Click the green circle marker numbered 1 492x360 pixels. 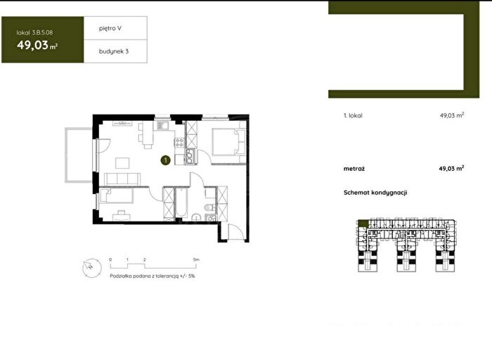[165, 160]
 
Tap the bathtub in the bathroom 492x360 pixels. [181, 202]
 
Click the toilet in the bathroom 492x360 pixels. [208, 207]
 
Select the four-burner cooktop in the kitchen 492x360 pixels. [179, 142]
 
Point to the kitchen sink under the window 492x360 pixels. [162, 126]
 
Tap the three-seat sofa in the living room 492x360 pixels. [122, 179]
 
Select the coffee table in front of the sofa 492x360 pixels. [122, 163]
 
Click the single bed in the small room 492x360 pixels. [116, 195]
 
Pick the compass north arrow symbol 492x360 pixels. [92, 268]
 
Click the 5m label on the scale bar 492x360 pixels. [196, 259]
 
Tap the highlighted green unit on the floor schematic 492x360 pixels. [363, 224]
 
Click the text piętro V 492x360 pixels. [110, 28]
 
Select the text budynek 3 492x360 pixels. [114, 51]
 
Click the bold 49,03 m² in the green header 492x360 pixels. [37, 45]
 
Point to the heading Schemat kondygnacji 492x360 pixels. [375, 193]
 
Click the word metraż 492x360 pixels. [354, 169]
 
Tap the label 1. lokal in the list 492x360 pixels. [353, 115]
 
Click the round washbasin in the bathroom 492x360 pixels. [196, 217]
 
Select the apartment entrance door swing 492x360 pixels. [236, 232]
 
